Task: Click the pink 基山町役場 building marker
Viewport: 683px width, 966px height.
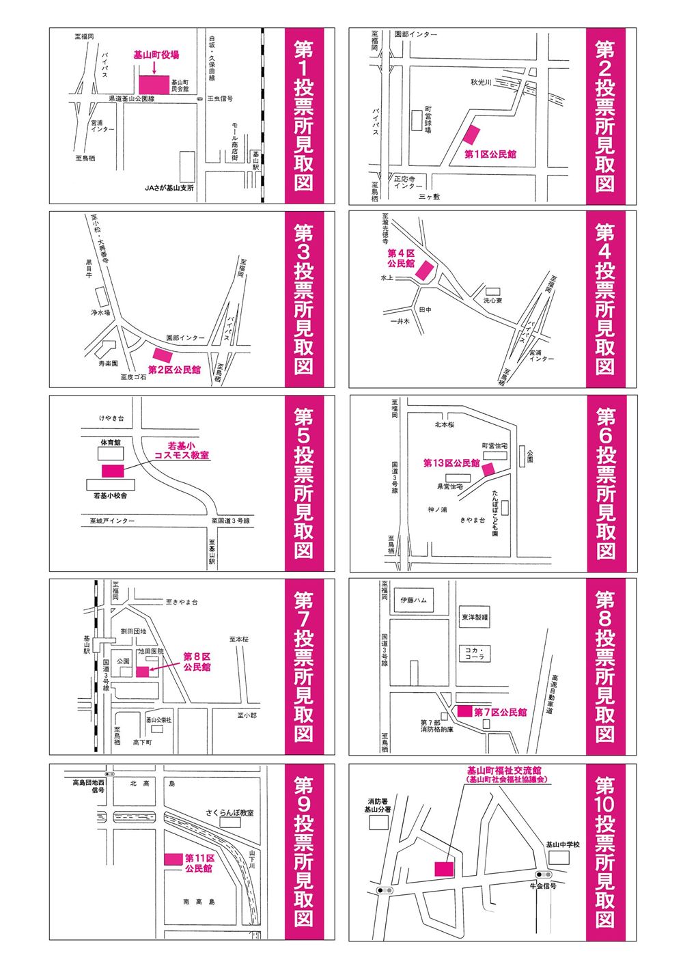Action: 154,84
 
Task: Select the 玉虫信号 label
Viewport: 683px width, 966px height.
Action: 221,99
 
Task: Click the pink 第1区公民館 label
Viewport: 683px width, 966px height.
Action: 490,154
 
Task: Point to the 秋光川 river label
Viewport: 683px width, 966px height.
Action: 481,83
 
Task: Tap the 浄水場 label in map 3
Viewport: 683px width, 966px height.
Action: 101,312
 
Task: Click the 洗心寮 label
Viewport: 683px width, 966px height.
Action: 493,300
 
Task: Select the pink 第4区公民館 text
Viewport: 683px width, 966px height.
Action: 400,258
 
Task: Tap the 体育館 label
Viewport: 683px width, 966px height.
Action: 109,443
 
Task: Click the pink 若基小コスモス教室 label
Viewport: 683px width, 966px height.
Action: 182,450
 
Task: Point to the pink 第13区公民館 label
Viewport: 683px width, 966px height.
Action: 451,463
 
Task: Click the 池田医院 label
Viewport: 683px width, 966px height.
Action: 151,652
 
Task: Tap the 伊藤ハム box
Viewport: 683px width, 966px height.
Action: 413,600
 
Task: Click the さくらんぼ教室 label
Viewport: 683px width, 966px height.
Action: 230,813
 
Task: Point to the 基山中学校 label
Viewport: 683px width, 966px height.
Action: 562,845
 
